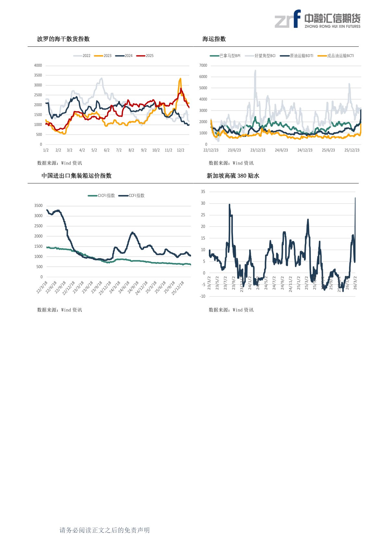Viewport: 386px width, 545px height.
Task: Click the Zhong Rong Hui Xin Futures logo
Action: [x=317, y=19]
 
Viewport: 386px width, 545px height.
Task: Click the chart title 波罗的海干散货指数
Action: [x=63, y=39]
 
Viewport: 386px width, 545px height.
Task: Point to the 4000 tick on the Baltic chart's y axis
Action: [x=38, y=65]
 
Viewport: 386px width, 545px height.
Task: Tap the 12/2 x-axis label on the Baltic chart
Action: [x=180, y=150]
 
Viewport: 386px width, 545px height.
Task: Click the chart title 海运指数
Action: [x=214, y=39]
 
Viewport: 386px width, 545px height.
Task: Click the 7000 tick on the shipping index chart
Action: [x=203, y=65]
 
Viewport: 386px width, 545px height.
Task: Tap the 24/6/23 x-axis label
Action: [x=281, y=150]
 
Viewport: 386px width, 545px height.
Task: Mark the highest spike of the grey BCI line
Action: [x=255, y=70]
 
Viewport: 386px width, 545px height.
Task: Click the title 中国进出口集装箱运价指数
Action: [x=77, y=176]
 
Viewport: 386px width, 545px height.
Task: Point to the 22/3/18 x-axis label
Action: [x=42, y=288]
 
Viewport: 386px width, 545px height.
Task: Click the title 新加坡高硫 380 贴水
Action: [x=233, y=176]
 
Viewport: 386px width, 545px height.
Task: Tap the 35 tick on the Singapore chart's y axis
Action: [x=203, y=192]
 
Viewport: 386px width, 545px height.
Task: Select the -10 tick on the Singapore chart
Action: [x=202, y=296]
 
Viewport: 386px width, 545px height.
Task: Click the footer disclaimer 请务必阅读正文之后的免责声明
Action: [x=104, y=530]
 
